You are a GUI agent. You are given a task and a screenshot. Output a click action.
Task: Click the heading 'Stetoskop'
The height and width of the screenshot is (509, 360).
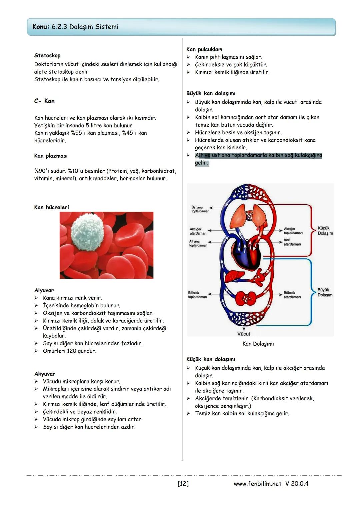click(x=47, y=56)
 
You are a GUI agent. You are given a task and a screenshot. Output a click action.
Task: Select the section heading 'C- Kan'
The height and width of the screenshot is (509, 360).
click(x=44, y=101)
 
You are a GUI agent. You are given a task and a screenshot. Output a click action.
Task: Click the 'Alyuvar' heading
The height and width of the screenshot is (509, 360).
click(x=44, y=290)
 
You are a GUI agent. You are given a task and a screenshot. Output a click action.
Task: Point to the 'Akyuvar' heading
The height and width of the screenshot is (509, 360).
click(x=45, y=374)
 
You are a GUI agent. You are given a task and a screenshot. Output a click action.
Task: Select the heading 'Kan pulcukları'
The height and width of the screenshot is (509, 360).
click(x=204, y=49)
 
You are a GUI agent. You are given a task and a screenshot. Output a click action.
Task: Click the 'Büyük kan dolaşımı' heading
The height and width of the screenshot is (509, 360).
click(x=211, y=93)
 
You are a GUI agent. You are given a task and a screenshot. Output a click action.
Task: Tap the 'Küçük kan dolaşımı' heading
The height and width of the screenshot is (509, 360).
click(x=211, y=359)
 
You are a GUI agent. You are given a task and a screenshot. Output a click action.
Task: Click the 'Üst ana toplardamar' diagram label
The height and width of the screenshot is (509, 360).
click(x=200, y=209)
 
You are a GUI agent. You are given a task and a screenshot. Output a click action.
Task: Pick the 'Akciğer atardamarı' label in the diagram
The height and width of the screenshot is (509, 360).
click(x=198, y=231)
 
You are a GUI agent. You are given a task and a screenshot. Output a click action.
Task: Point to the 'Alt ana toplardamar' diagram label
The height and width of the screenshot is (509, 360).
click(x=198, y=243)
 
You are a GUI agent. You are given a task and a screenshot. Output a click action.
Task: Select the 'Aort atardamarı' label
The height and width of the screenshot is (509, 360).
click(x=292, y=242)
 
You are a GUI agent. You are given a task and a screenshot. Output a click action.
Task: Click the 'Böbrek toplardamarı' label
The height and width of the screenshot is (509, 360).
click(x=197, y=295)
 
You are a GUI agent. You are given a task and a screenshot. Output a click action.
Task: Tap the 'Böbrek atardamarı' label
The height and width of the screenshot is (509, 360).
click(x=292, y=295)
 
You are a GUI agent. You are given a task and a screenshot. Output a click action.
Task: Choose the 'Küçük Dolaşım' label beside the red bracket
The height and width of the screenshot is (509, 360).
click(x=325, y=231)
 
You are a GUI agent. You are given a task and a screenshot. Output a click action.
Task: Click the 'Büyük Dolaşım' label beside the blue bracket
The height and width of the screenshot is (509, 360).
click(x=325, y=292)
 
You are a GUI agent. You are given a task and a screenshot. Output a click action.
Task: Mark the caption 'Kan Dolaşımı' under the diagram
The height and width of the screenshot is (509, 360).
click(x=258, y=344)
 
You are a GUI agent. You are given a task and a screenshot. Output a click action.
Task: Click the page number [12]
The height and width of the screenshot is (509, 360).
click(x=183, y=484)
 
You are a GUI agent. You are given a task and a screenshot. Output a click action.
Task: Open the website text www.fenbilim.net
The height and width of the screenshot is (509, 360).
click(x=257, y=484)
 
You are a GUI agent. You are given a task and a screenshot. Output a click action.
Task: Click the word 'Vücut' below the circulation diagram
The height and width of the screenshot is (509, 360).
click(x=244, y=334)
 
